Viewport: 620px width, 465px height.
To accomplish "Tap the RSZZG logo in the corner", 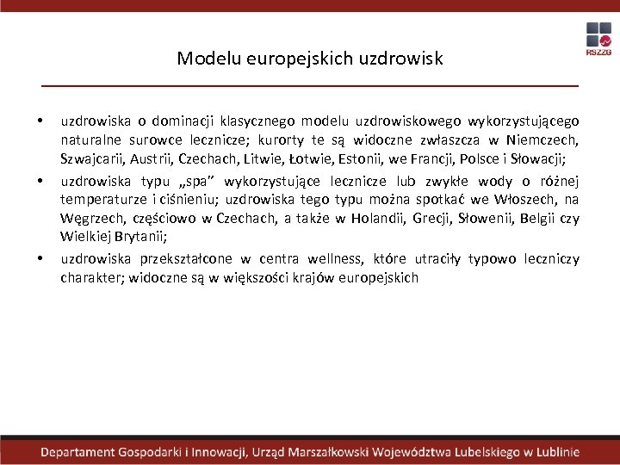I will (598, 39).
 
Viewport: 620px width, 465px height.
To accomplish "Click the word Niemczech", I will (542, 139).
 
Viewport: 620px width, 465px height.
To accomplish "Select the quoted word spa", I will (195, 180).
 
